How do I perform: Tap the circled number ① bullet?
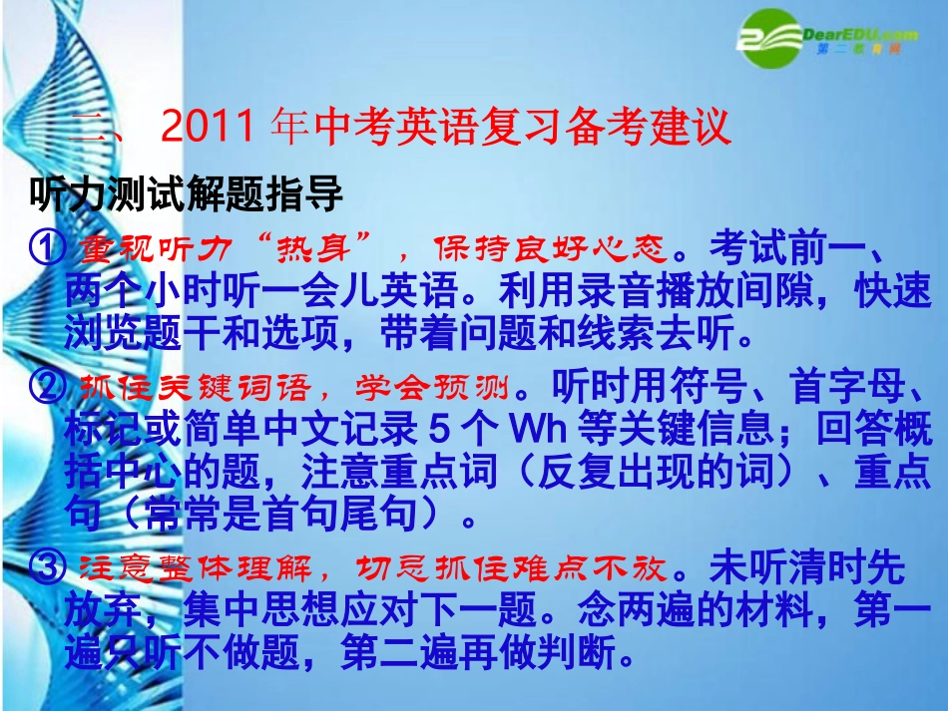(48, 246)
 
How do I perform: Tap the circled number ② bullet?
(48, 385)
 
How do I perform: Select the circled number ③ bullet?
(48, 569)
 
